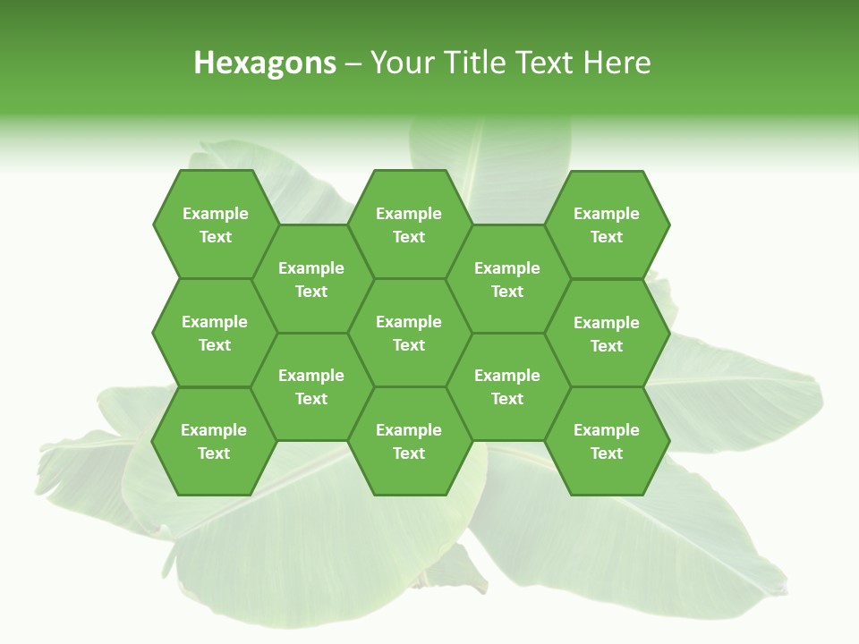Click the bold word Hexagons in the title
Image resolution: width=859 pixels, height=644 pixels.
click(x=265, y=63)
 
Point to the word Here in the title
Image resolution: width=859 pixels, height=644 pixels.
click(x=617, y=63)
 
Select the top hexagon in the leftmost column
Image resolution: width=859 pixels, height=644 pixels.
click(x=215, y=225)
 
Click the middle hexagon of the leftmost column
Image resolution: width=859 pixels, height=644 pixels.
click(x=215, y=333)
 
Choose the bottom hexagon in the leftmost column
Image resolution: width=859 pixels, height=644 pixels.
click(x=214, y=441)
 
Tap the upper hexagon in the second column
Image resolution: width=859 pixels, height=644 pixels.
click(x=311, y=279)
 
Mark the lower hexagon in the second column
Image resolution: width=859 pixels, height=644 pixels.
click(x=311, y=386)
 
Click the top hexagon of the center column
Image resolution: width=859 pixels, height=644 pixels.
click(x=409, y=225)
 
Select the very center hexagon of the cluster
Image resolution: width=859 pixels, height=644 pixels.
click(x=409, y=333)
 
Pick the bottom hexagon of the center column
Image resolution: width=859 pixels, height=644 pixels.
click(x=409, y=441)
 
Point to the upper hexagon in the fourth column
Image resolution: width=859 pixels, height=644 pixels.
click(x=507, y=279)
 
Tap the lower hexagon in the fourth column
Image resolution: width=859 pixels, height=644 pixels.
click(x=507, y=386)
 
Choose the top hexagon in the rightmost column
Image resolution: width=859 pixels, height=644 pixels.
click(x=607, y=225)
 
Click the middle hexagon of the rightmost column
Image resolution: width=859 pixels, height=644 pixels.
click(x=607, y=334)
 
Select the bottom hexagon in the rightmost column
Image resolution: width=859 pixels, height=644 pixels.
click(x=607, y=441)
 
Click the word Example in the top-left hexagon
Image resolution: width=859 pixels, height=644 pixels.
click(x=215, y=214)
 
